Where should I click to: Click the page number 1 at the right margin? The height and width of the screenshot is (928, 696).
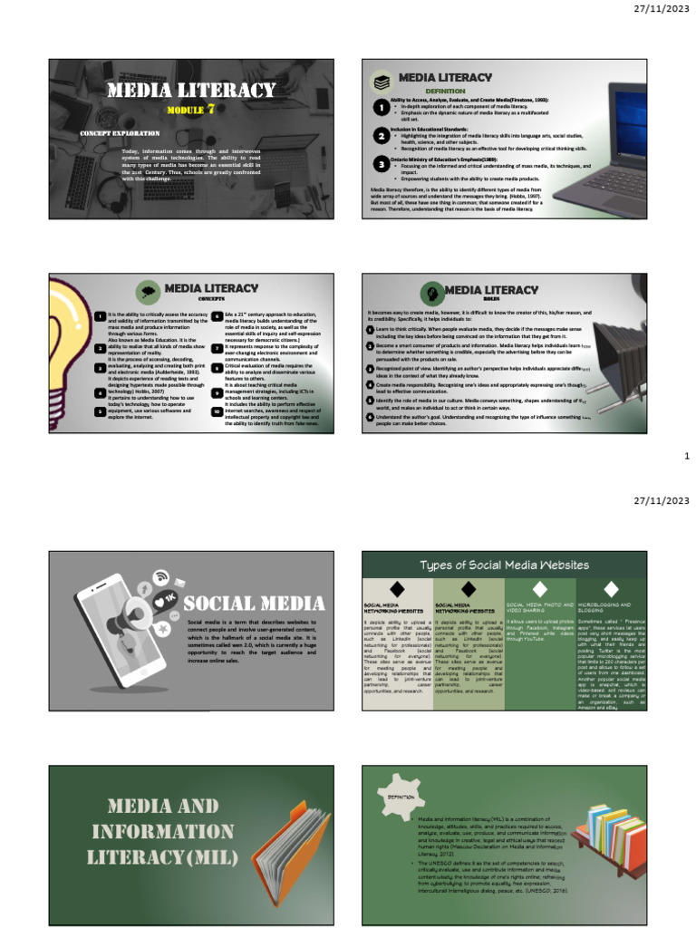tap(687, 459)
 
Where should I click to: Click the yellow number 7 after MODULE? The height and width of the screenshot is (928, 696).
tap(210, 110)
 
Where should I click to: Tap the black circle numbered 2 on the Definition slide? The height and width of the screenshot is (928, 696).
tap(381, 135)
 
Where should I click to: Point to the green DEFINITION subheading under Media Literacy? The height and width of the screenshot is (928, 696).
tap(445, 92)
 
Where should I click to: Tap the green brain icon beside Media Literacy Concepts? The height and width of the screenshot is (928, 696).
tap(148, 291)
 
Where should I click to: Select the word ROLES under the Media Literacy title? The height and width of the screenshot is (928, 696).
tap(491, 297)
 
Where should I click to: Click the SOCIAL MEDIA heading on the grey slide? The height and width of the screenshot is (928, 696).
tap(255, 604)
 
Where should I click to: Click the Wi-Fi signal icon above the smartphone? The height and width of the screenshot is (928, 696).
tap(161, 575)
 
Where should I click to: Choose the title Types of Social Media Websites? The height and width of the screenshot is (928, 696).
tap(504, 565)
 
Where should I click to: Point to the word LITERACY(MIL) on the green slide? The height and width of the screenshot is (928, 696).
tap(161, 856)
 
